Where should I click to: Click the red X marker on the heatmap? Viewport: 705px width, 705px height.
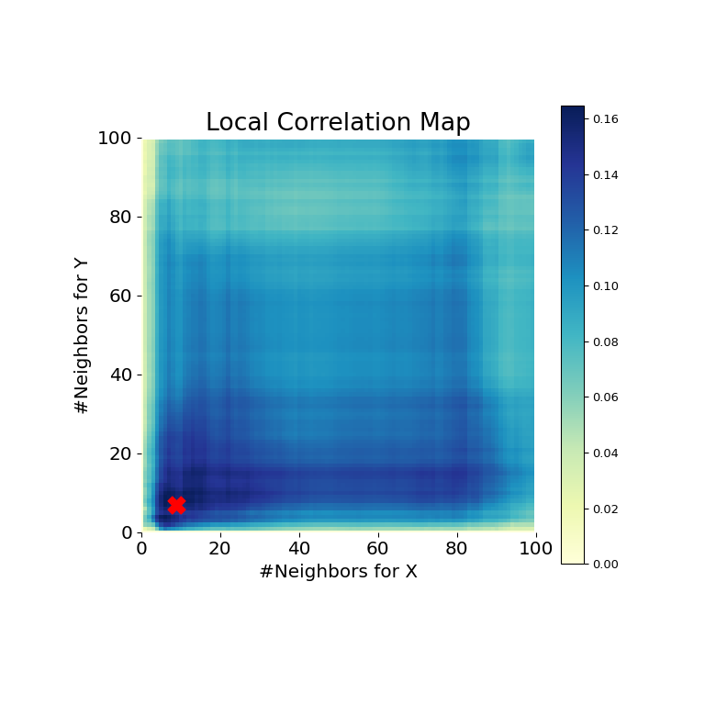[176, 505]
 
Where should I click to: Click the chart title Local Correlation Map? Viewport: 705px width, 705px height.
[338, 123]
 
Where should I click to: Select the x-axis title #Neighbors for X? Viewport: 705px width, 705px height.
[338, 572]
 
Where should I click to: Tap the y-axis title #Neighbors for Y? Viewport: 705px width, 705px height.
[83, 335]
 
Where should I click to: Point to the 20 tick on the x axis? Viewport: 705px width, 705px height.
[220, 549]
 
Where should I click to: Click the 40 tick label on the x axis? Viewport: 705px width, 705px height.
[299, 549]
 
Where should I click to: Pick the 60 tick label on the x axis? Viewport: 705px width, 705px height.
[378, 549]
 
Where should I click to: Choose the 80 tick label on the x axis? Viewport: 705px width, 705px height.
[456, 549]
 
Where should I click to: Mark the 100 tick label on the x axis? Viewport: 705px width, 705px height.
[535, 549]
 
